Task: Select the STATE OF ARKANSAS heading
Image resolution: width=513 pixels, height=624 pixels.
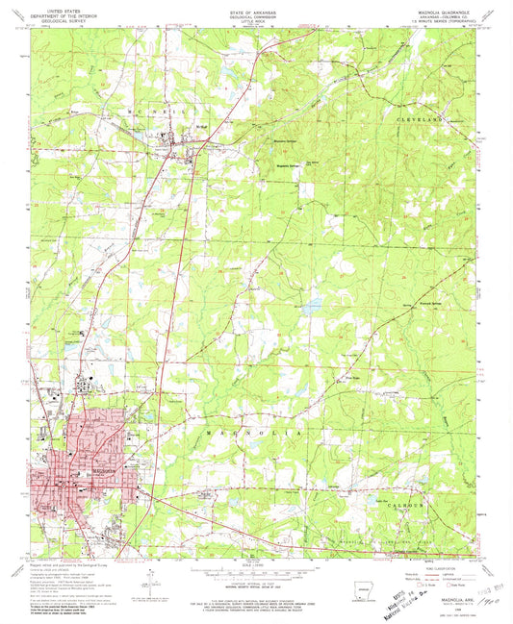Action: pyautogui.click(x=255, y=8)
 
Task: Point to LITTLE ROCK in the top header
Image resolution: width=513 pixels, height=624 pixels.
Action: pyautogui.click(x=255, y=19)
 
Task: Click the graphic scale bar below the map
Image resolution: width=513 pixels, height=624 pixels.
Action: pyautogui.click(x=255, y=569)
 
